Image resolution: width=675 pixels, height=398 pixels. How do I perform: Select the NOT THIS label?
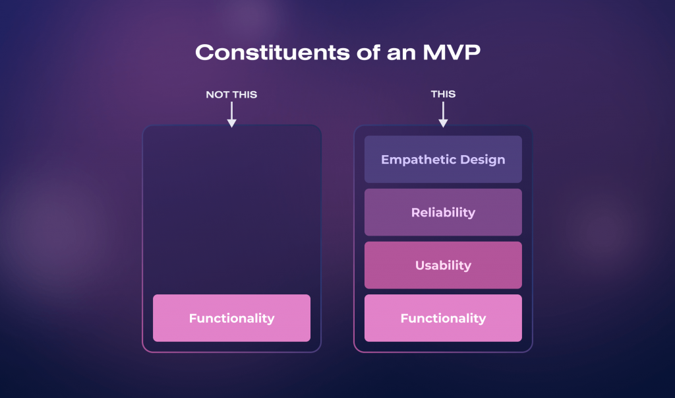click(231, 94)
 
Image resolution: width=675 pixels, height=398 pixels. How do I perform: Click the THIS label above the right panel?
click(443, 94)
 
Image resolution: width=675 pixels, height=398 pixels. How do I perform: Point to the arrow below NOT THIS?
click(231, 114)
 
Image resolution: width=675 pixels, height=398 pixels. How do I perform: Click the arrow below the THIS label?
click(443, 114)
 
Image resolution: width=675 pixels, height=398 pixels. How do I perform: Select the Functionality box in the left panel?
click(231, 318)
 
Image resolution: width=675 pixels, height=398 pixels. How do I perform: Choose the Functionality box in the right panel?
click(443, 318)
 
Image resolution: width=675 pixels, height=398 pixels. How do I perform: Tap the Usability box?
click(443, 265)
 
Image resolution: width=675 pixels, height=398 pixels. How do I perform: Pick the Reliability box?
click(443, 213)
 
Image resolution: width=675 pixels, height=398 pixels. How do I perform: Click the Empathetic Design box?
click(443, 160)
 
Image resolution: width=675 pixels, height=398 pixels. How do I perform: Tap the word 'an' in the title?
click(391, 53)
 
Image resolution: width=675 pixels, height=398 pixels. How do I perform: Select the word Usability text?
click(443, 265)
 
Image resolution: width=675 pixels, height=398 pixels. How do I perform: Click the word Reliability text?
click(443, 213)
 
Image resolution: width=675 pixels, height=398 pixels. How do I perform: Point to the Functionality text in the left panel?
click(231, 318)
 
